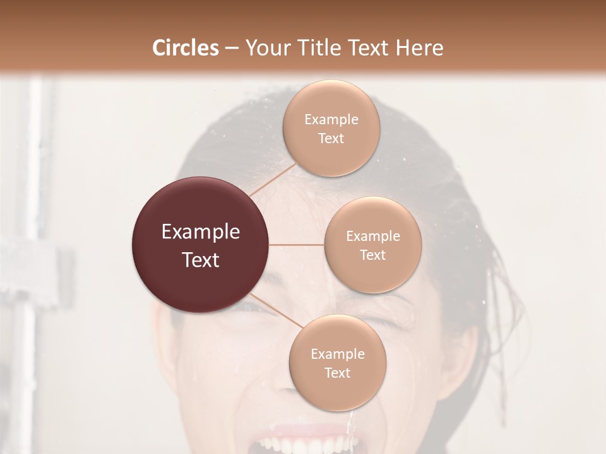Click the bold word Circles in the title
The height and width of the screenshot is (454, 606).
185,48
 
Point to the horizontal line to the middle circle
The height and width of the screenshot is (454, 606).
297,245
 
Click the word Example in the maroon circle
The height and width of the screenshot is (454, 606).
201,232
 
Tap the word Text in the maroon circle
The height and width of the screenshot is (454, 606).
201,259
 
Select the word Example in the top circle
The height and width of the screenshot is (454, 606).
331,120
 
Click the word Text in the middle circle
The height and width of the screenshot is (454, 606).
372,255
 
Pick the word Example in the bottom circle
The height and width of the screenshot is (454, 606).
338,354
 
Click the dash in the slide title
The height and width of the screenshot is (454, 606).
232,48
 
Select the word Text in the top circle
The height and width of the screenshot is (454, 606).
331,138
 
